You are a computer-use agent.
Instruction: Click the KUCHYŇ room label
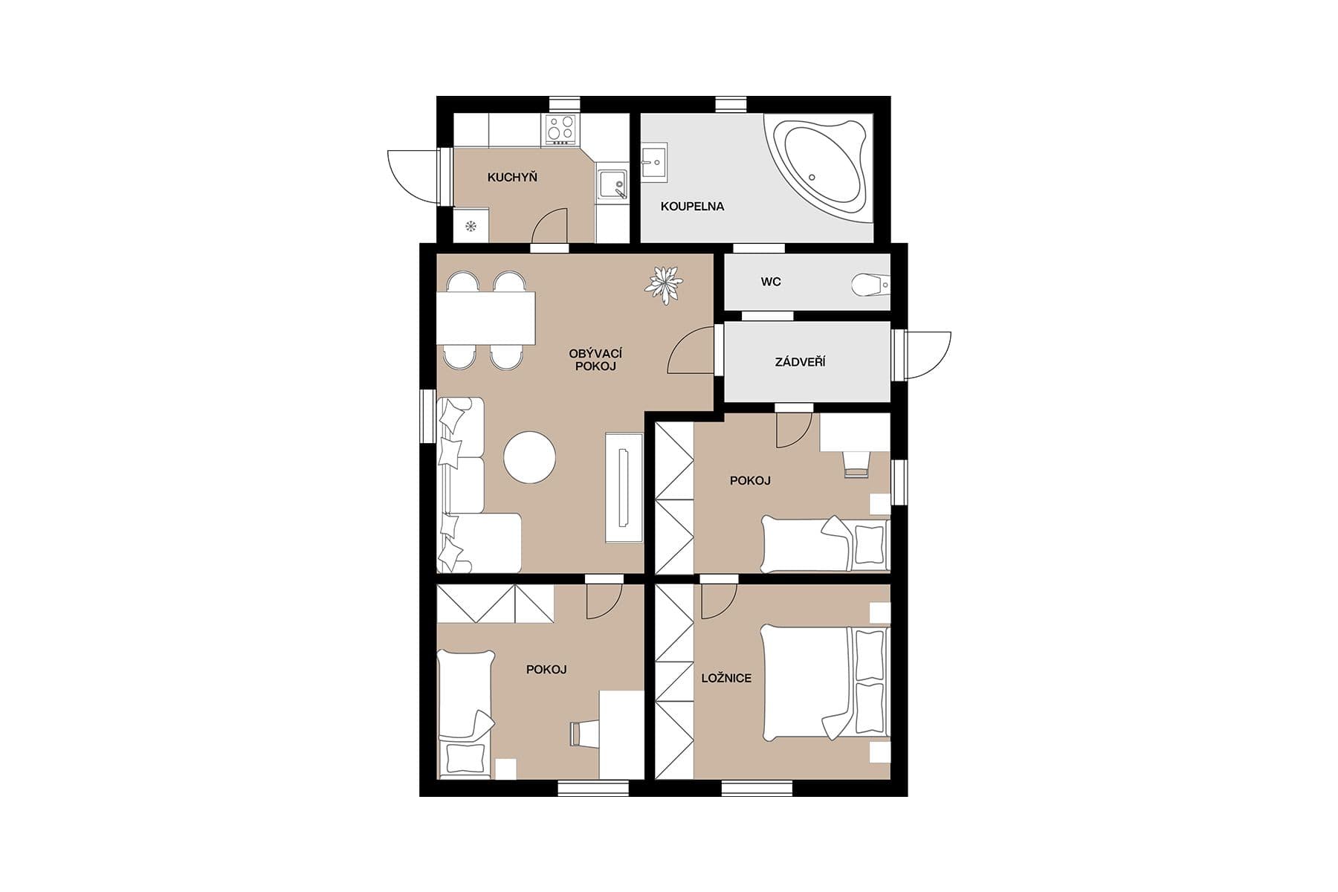pos(512,178)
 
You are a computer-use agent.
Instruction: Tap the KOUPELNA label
pos(692,207)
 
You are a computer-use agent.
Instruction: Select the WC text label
pos(771,282)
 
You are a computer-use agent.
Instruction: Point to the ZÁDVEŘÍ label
pos(800,363)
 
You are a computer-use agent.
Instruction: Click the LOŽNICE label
pos(726,679)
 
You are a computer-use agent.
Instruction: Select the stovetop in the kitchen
pos(561,130)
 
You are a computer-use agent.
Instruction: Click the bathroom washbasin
pos(654,162)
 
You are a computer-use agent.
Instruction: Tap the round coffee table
pos(530,458)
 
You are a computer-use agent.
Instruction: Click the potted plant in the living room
pos(663,284)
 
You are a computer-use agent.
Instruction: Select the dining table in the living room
pos(486,318)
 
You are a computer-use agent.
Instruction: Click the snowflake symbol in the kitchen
pos(470,226)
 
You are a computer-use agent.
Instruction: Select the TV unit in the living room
pos(624,487)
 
